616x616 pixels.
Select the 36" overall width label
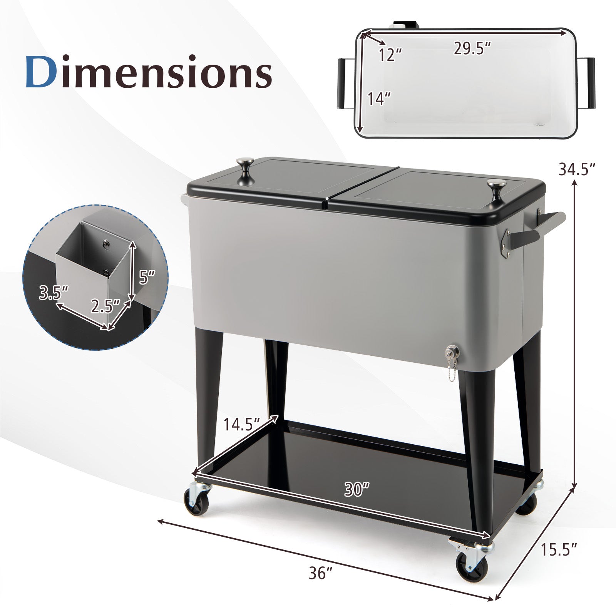(x=320, y=573)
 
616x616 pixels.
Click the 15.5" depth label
(x=559, y=550)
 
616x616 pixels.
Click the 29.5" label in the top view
(x=472, y=49)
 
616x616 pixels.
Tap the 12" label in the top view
(x=390, y=55)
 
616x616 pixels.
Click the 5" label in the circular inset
(x=147, y=276)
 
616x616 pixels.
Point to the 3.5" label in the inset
(x=54, y=293)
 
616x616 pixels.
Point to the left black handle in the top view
(x=341, y=83)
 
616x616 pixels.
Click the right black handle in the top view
(x=591, y=83)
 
